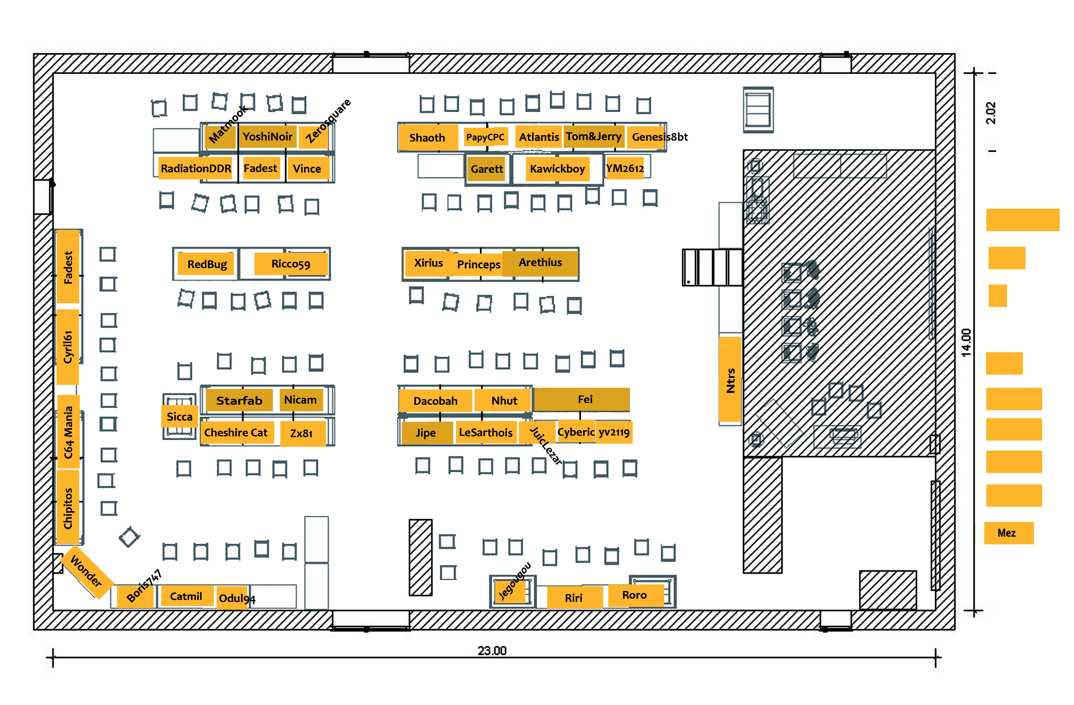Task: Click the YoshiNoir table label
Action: tap(268, 136)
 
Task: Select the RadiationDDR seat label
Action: tap(196, 169)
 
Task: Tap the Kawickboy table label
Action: tap(557, 169)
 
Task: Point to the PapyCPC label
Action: tap(485, 137)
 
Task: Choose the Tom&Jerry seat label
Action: tap(594, 136)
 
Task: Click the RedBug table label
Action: tap(207, 264)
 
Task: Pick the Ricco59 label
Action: tap(291, 264)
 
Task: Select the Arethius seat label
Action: tap(540, 262)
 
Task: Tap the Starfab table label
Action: tap(239, 401)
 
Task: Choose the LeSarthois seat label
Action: tap(486, 433)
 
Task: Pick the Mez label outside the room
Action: tap(1007, 533)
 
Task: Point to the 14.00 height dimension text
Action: tap(966, 342)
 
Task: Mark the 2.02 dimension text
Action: tap(991, 113)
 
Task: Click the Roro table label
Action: tap(634, 595)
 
